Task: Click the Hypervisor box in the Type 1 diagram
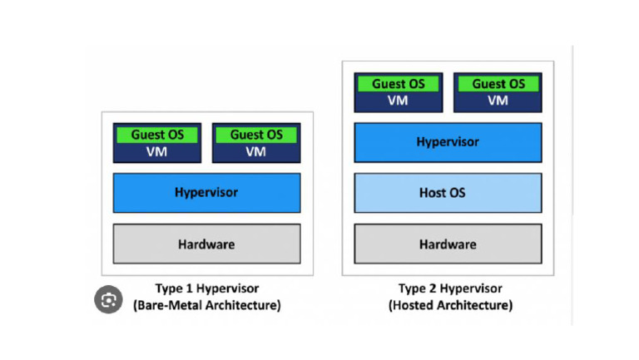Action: click(206, 192)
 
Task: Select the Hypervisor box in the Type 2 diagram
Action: click(448, 142)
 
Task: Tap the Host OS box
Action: click(448, 193)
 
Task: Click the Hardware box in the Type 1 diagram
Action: click(206, 244)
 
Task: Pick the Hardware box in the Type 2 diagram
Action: click(448, 244)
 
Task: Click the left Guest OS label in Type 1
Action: click(156, 135)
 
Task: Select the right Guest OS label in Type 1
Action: click(256, 135)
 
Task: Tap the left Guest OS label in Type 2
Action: click(399, 84)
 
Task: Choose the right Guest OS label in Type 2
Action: click(498, 84)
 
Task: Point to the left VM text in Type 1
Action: click(156, 151)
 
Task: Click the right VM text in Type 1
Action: click(256, 151)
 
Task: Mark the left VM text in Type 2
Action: click(399, 101)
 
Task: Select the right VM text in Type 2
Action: click(498, 101)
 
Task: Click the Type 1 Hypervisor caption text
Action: click(206, 288)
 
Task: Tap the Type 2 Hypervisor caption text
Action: click(450, 288)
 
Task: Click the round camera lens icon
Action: click(108, 301)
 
